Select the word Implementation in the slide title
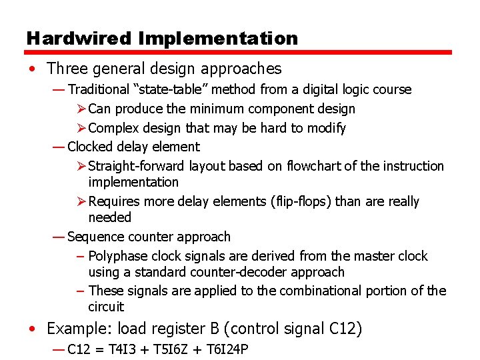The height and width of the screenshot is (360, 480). tap(218, 39)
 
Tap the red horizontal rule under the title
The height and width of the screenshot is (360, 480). tap(239, 53)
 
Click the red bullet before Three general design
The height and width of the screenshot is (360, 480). tap(33, 69)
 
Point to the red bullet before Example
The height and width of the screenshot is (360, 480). tap(33, 329)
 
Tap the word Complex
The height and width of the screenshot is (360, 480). tap(112, 128)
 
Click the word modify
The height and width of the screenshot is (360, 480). tap(326, 128)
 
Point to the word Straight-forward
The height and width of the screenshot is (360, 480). tap(137, 166)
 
